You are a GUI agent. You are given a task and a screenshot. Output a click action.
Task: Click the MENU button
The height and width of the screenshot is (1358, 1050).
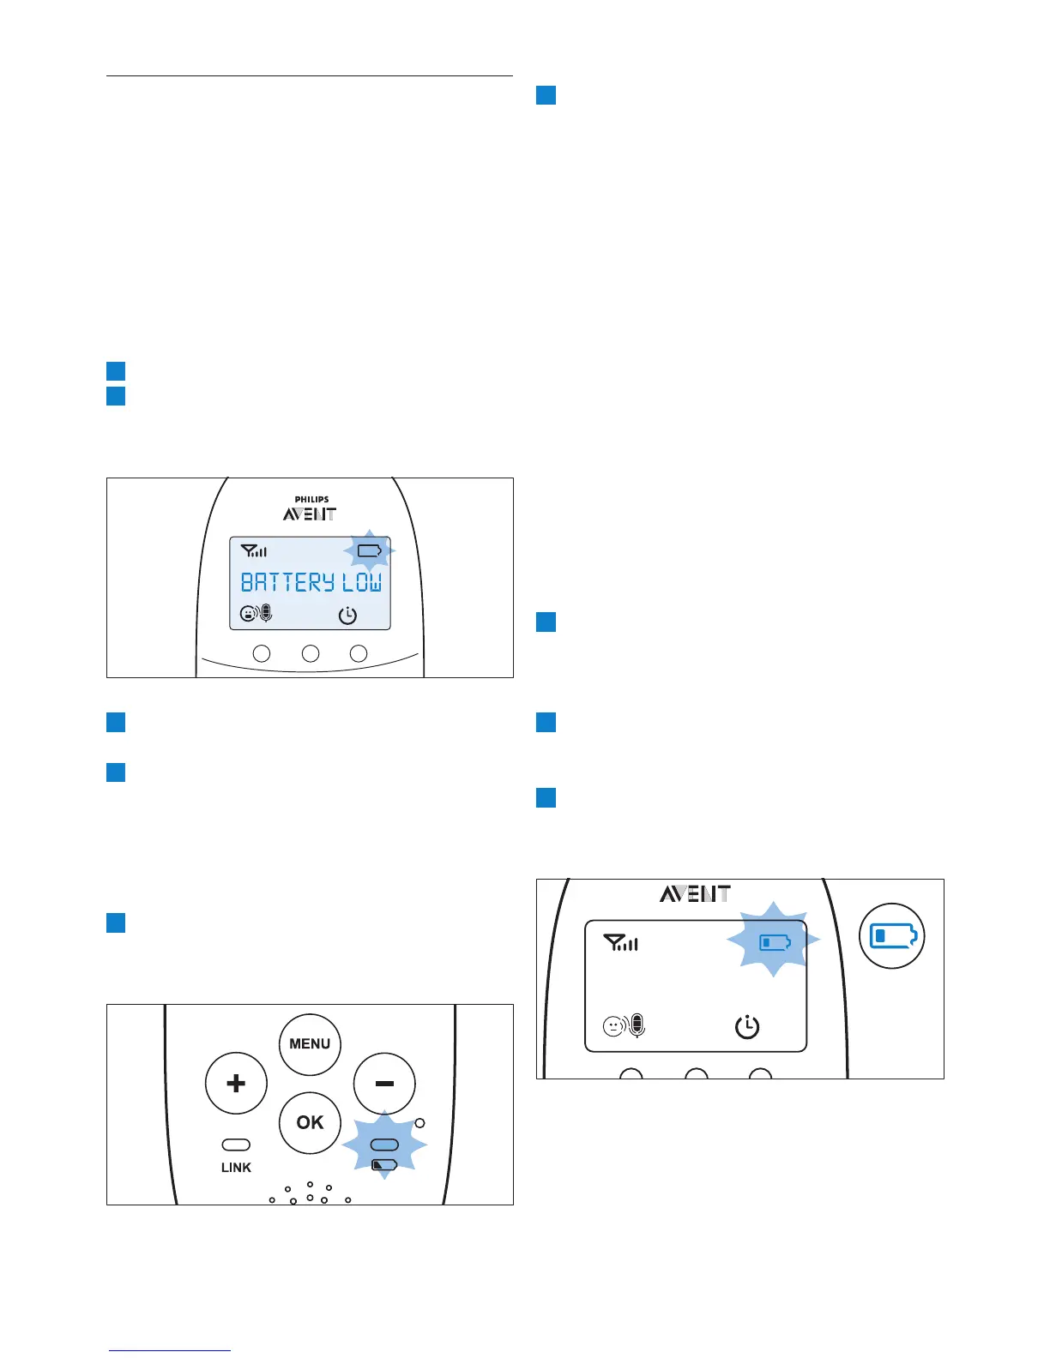310,1043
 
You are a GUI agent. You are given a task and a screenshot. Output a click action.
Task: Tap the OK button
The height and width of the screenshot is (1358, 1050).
310,1122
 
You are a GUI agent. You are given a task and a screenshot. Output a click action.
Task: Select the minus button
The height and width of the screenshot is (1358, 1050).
384,1084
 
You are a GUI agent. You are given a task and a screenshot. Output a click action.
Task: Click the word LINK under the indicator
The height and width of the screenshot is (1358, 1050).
236,1168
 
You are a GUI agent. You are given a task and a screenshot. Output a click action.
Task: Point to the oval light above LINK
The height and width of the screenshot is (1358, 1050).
236,1145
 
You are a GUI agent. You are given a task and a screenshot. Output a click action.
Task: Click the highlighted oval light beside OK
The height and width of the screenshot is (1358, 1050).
384,1145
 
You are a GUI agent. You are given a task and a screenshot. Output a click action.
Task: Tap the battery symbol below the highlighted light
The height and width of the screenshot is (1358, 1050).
384,1165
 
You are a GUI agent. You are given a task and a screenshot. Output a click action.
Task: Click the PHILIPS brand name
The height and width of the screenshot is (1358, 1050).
311,499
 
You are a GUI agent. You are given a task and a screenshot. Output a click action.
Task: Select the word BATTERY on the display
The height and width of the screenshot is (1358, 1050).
287,583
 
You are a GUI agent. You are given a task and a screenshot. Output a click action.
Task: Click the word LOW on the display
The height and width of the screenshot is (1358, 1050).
362,583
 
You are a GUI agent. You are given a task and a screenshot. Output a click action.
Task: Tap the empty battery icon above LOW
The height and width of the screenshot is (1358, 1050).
369,550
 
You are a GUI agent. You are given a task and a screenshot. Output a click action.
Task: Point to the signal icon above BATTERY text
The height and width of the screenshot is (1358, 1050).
253,551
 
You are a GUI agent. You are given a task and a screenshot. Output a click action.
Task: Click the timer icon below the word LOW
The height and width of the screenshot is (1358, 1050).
347,615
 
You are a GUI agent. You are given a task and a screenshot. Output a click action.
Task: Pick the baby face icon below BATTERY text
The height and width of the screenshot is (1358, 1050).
249,614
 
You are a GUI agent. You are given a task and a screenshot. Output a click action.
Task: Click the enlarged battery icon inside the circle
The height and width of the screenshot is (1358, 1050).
893,935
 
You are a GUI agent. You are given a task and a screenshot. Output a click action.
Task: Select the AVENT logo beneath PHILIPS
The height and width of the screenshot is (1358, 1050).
310,514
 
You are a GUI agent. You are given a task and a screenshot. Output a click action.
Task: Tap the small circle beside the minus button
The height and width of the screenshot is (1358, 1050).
419,1123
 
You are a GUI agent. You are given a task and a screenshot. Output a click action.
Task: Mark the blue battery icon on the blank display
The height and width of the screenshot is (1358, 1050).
774,943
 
